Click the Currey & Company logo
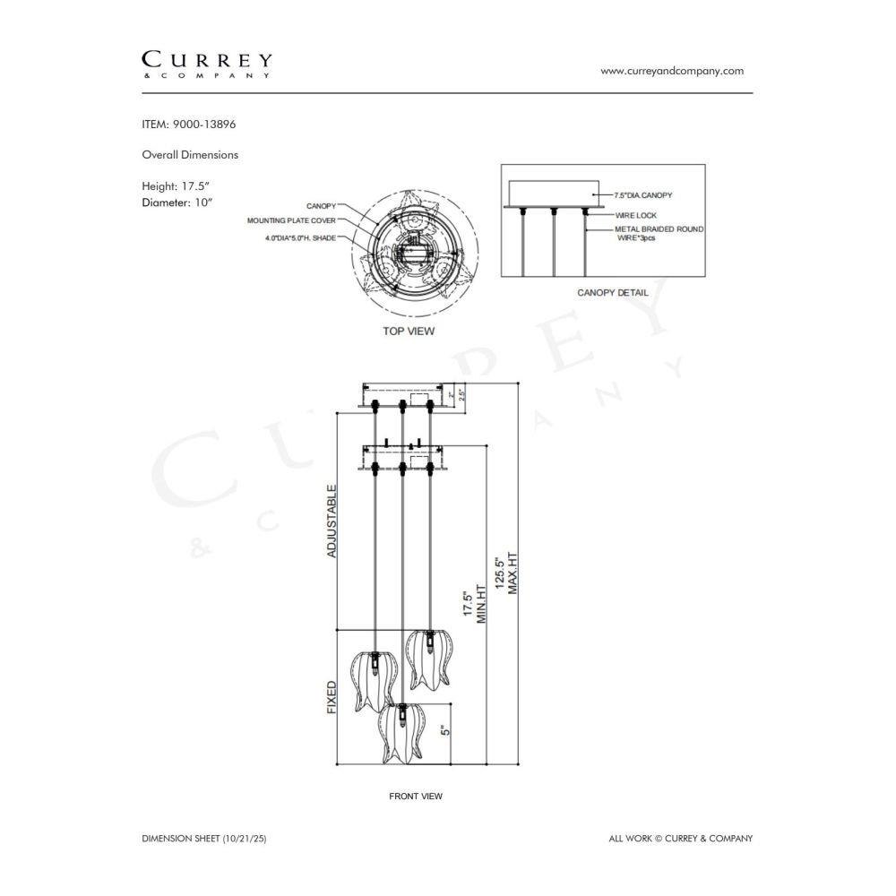point(207,65)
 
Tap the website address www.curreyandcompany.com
point(672,71)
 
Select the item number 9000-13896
point(204,124)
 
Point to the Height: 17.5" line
point(176,186)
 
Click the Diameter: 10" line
point(177,202)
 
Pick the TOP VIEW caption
point(409,331)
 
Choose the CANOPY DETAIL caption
point(613,293)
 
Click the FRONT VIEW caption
point(416,796)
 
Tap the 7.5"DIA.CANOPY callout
point(643,195)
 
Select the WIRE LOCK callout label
point(636,215)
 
